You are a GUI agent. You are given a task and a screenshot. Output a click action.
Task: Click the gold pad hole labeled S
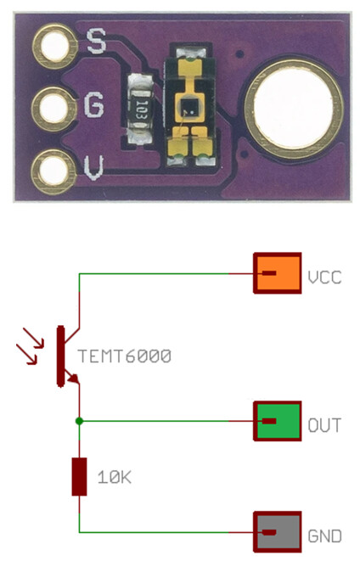tap(54, 46)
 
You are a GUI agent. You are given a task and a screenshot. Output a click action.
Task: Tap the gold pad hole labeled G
tap(54, 109)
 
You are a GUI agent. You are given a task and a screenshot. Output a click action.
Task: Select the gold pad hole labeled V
tap(54, 171)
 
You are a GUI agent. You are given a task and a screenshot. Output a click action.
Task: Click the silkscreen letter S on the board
tap(97, 41)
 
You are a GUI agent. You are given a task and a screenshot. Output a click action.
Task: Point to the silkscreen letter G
tap(93, 105)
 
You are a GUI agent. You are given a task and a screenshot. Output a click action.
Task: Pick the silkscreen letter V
tap(93, 167)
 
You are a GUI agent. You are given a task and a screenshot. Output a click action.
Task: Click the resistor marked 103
tap(141, 109)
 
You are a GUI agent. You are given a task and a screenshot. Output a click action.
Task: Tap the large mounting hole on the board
tap(294, 109)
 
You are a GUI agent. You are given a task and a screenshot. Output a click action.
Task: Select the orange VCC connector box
tap(278, 273)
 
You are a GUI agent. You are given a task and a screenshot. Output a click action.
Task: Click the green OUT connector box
tap(278, 421)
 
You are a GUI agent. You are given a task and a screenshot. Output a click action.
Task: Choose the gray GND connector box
tap(278, 531)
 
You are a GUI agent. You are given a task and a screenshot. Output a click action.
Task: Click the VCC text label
tap(325, 278)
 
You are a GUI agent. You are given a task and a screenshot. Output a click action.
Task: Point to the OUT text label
tap(324, 425)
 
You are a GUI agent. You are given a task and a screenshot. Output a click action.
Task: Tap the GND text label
tap(324, 536)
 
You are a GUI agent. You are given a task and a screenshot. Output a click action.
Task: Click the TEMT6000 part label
tap(125, 356)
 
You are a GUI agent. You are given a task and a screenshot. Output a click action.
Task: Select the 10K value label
tap(115, 477)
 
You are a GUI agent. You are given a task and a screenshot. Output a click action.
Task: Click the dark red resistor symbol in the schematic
tap(79, 477)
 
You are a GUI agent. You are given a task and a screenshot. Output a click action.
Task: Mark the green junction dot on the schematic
tap(79, 421)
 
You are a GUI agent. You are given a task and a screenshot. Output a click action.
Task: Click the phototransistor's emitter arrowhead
tap(74, 379)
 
